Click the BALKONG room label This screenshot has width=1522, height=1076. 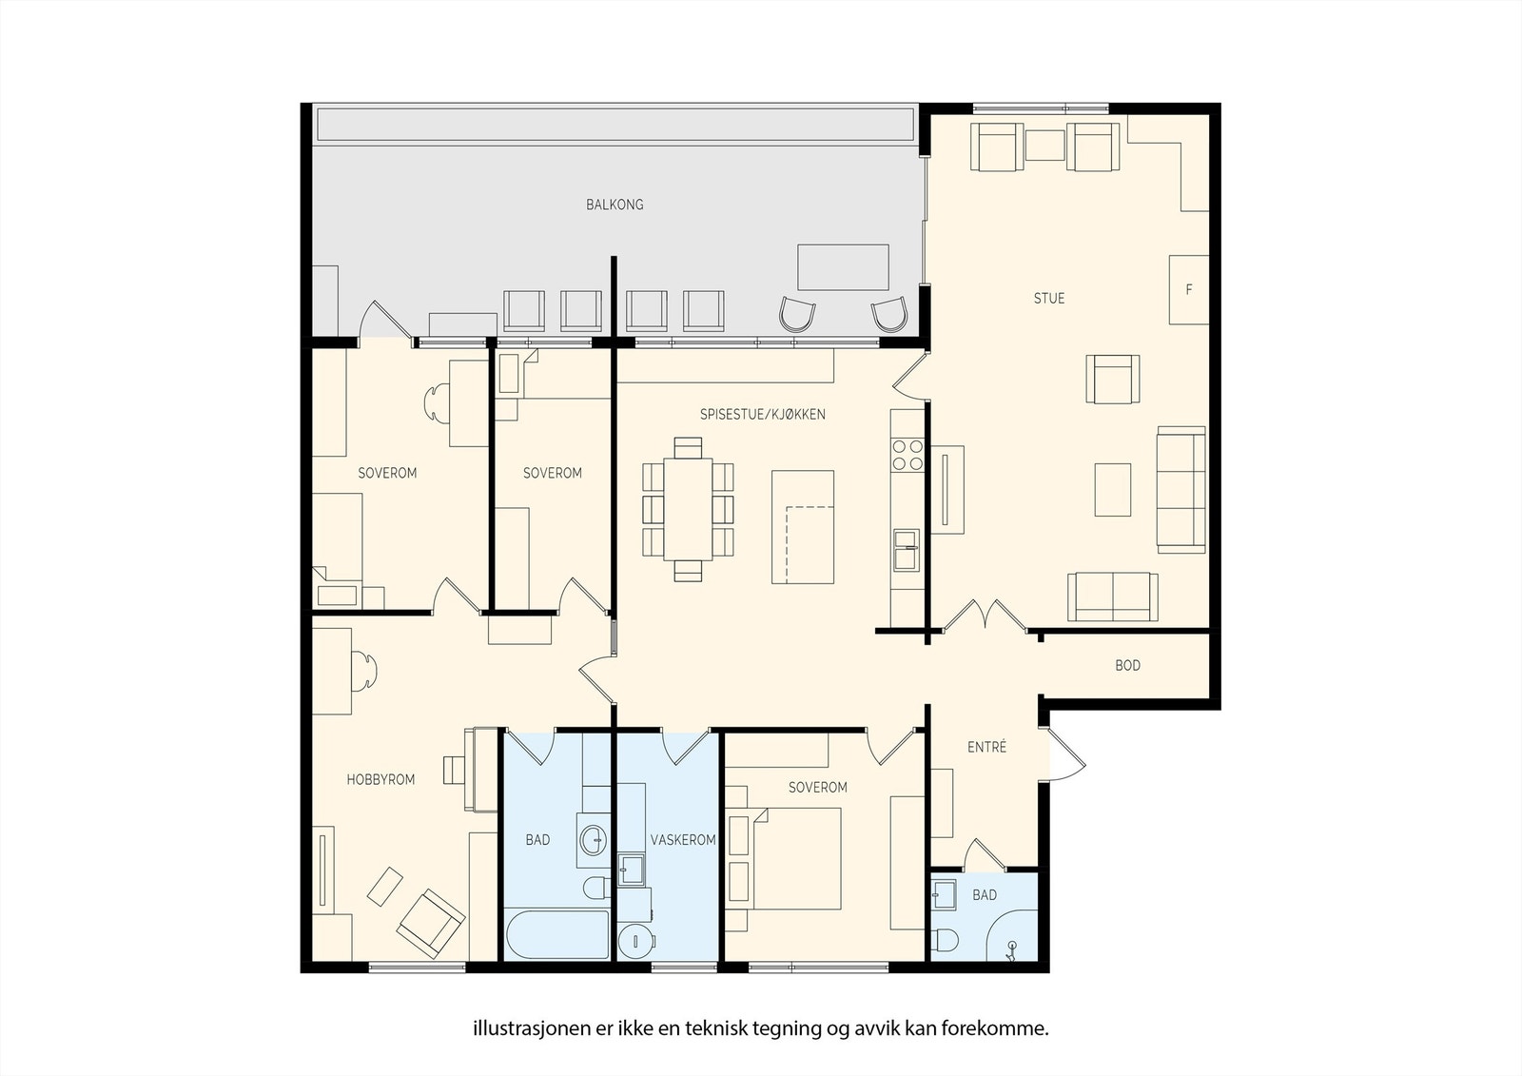[x=615, y=205]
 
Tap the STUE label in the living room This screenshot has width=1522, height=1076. [x=1049, y=299]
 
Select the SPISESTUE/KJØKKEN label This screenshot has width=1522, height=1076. [x=762, y=414]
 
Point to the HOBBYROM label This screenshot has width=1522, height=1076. [x=380, y=779]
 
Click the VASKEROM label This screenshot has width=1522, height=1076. [x=683, y=840]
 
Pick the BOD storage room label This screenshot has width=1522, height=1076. [x=1127, y=665]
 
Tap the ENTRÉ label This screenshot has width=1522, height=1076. [x=986, y=747]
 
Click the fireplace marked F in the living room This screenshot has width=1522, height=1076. [x=1188, y=289]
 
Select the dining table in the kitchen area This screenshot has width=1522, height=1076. [x=688, y=509]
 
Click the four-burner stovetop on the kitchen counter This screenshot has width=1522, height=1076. [x=907, y=456]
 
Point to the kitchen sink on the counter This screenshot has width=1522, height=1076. [x=907, y=550]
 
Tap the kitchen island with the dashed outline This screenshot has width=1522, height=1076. [x=803, y=527]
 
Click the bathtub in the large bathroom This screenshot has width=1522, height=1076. [x=556, y=934]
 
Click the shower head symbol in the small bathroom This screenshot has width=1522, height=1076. [x=1012, y=949]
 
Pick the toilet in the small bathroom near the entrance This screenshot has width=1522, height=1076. [x=945, y=940]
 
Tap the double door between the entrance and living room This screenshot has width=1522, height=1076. [x=985, y=615]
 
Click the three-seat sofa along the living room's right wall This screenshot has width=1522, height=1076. [x=1181, y=489]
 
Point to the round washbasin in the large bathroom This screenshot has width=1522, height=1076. [x=594, y=840]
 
